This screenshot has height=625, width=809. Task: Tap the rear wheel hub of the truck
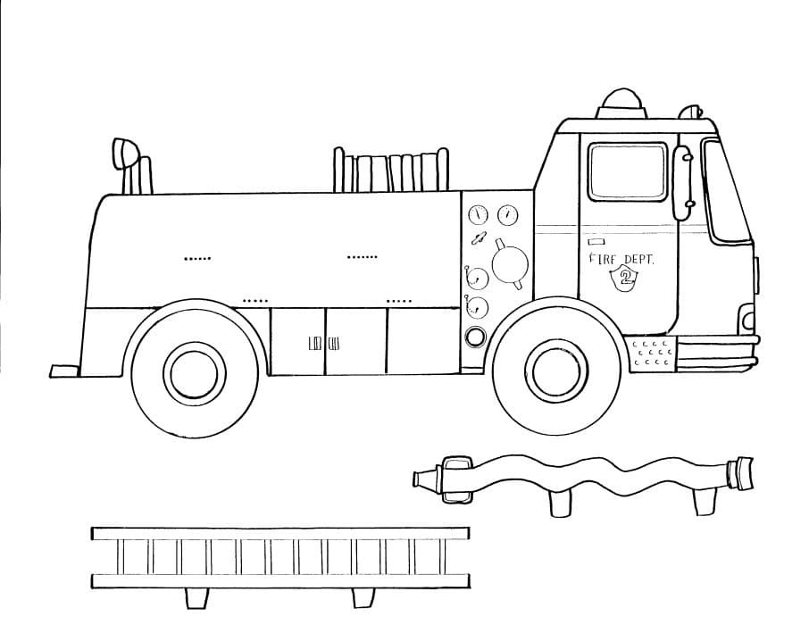pyautogui.click(x=195, y=373)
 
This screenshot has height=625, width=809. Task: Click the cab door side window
pyautogui.click(x=628, y=171)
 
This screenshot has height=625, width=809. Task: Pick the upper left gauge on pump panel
pyautogui.click(x=479, y=214)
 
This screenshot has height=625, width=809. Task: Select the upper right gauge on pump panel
pyautogui.click(x=508, y=214)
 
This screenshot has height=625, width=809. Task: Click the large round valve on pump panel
pyautogui.click(x=510, y=264)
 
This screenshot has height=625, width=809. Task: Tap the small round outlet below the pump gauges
pyautogui.click(x=476, y=337)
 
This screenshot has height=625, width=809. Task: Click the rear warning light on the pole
pyautogui.click(x=125, y=154)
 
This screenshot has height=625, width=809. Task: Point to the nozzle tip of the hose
pyautogui.click(x=426, y=479)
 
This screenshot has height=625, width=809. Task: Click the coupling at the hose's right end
pyautogui.click(x=740, y=472)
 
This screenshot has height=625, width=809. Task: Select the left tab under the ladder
pyautogui.click(x=196, y=598)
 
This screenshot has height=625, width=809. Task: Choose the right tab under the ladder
pyautogui.click(x=363, y=597)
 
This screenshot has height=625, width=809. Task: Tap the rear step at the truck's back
pyautogui.click(x=65, y=371)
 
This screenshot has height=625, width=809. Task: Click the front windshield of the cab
pyautogui.click(x=725, y=191)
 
